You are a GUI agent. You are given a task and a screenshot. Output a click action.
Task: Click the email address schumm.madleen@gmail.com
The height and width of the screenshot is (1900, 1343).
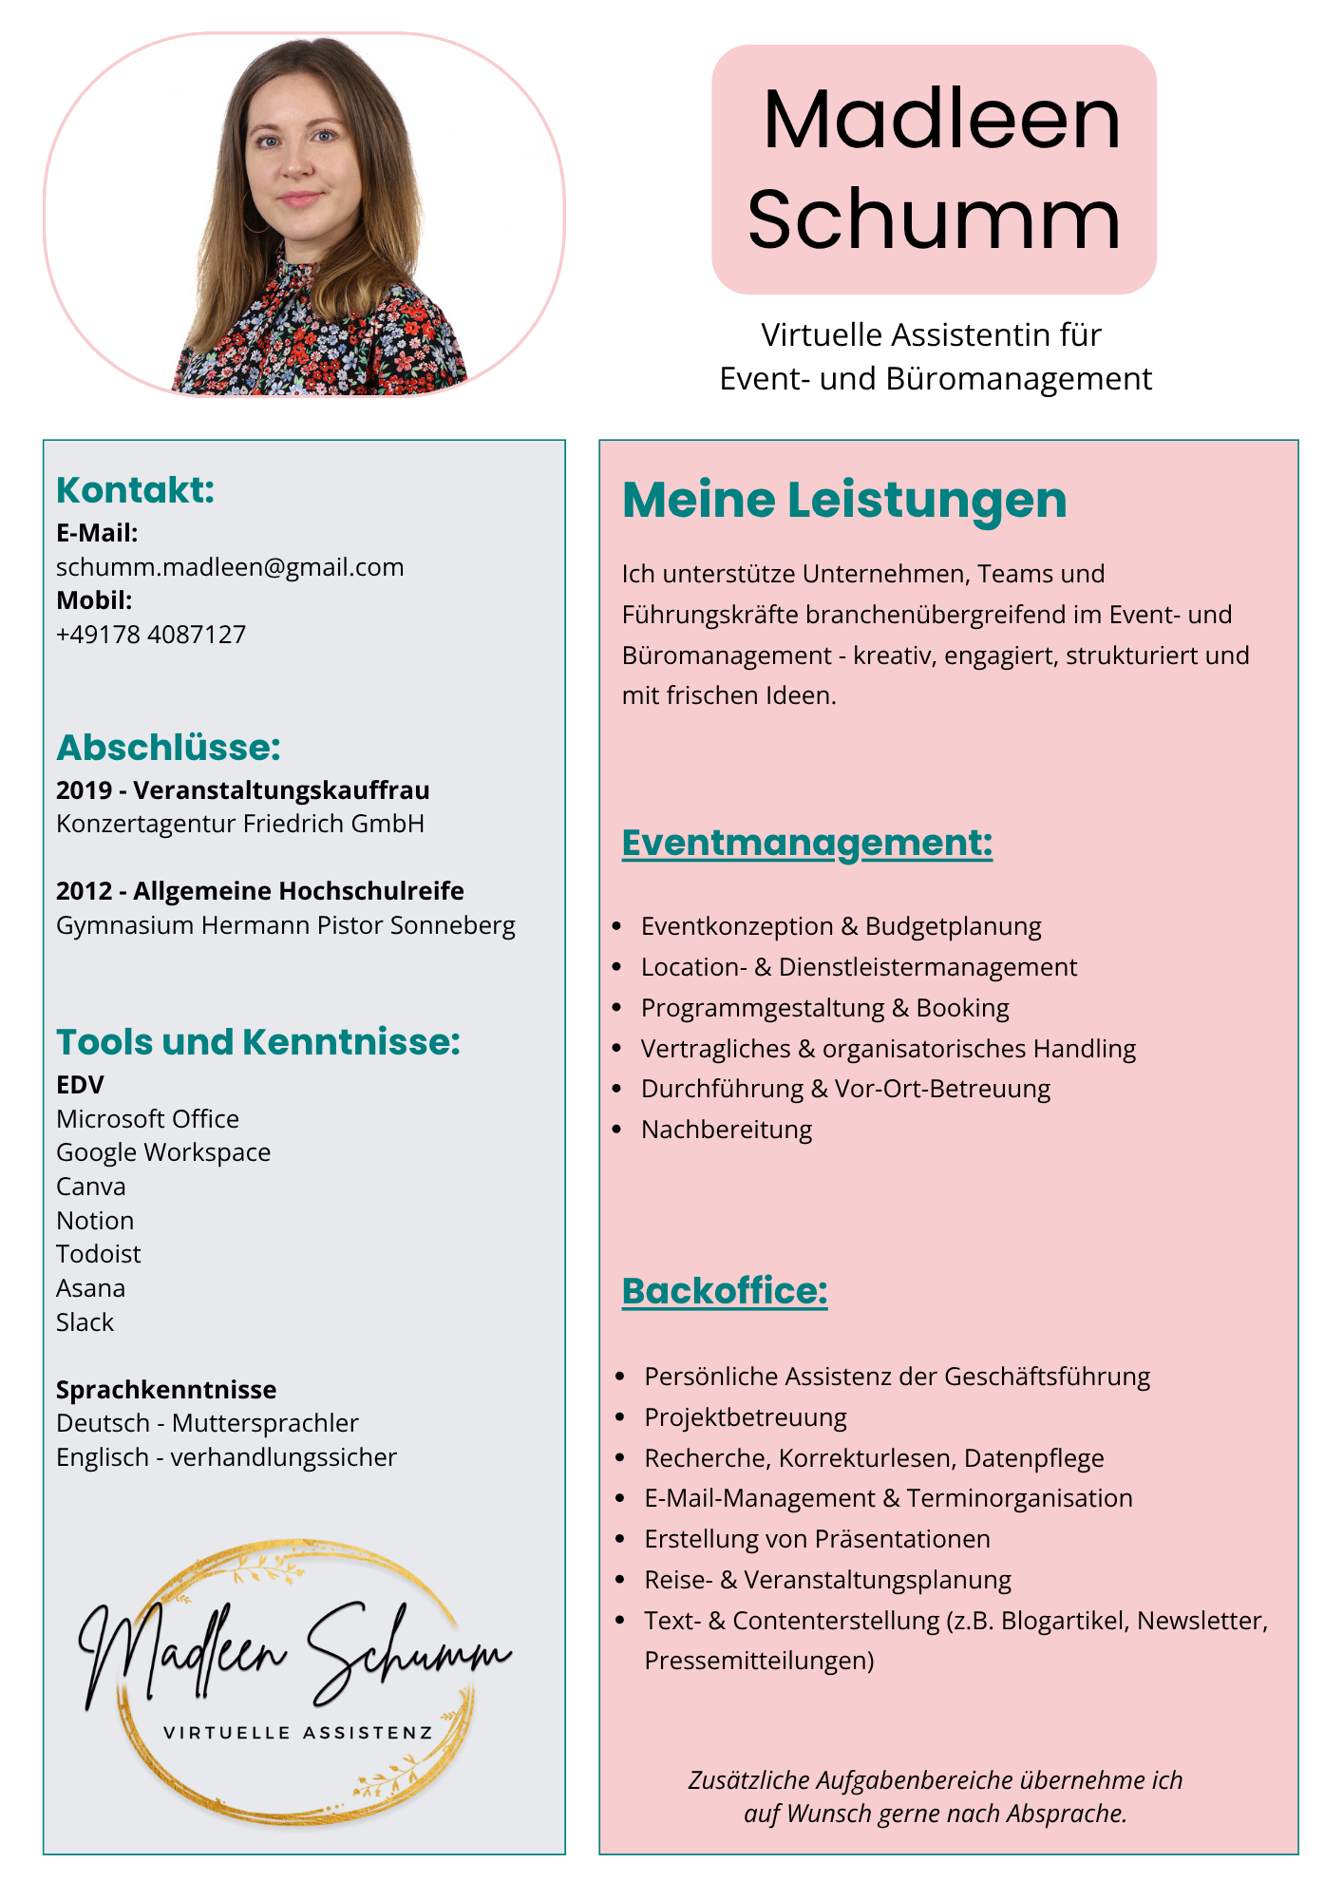tap(230, 567)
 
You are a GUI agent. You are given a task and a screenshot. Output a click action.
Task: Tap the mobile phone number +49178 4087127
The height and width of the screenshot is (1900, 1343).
tap(151, 635)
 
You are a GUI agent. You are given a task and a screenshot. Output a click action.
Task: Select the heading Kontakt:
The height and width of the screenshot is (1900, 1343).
tap(135, 490)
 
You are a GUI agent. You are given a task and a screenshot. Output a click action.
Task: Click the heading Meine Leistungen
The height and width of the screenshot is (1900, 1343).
tap(843, 500)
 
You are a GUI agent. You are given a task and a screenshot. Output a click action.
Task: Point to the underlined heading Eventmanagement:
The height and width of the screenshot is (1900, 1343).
tap(806, 843)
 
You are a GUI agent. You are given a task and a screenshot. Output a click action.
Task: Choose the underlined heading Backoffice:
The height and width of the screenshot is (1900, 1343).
tap(724, 1291)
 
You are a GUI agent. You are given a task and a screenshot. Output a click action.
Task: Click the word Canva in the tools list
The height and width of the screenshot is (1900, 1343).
tap(90, 1187)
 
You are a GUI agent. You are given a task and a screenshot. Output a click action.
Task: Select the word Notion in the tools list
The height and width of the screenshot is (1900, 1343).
tap(95, 1221)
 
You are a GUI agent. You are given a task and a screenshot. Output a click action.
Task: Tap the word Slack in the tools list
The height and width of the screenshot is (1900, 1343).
tap(85, 1322)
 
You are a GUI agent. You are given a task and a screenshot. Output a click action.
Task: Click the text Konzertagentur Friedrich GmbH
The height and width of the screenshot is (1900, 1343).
tap(239, 824)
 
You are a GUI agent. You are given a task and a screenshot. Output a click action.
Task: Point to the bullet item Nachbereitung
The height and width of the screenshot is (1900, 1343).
tap(727, 1130)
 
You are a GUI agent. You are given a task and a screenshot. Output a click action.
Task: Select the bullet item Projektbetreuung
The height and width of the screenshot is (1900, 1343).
tap(745, 1417)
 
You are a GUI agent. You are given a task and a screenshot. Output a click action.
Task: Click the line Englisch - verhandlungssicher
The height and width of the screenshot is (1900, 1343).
tap(226, 1457)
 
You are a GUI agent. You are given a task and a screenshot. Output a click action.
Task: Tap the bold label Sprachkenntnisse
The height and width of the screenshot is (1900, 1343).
tap(166, 1390)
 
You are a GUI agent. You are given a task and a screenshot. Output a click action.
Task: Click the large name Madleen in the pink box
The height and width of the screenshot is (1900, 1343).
tap(940, 120)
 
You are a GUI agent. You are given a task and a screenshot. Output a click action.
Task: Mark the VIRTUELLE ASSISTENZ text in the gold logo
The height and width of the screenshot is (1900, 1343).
tap(297, 1733)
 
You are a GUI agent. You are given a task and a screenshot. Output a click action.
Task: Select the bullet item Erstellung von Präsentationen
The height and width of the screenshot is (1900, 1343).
tap(817, 1539)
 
